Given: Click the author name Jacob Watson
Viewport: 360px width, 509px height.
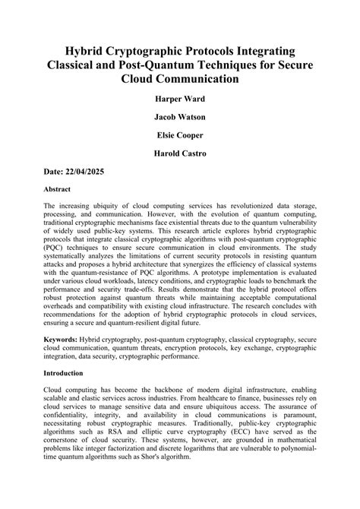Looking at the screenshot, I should click(180, 117).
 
